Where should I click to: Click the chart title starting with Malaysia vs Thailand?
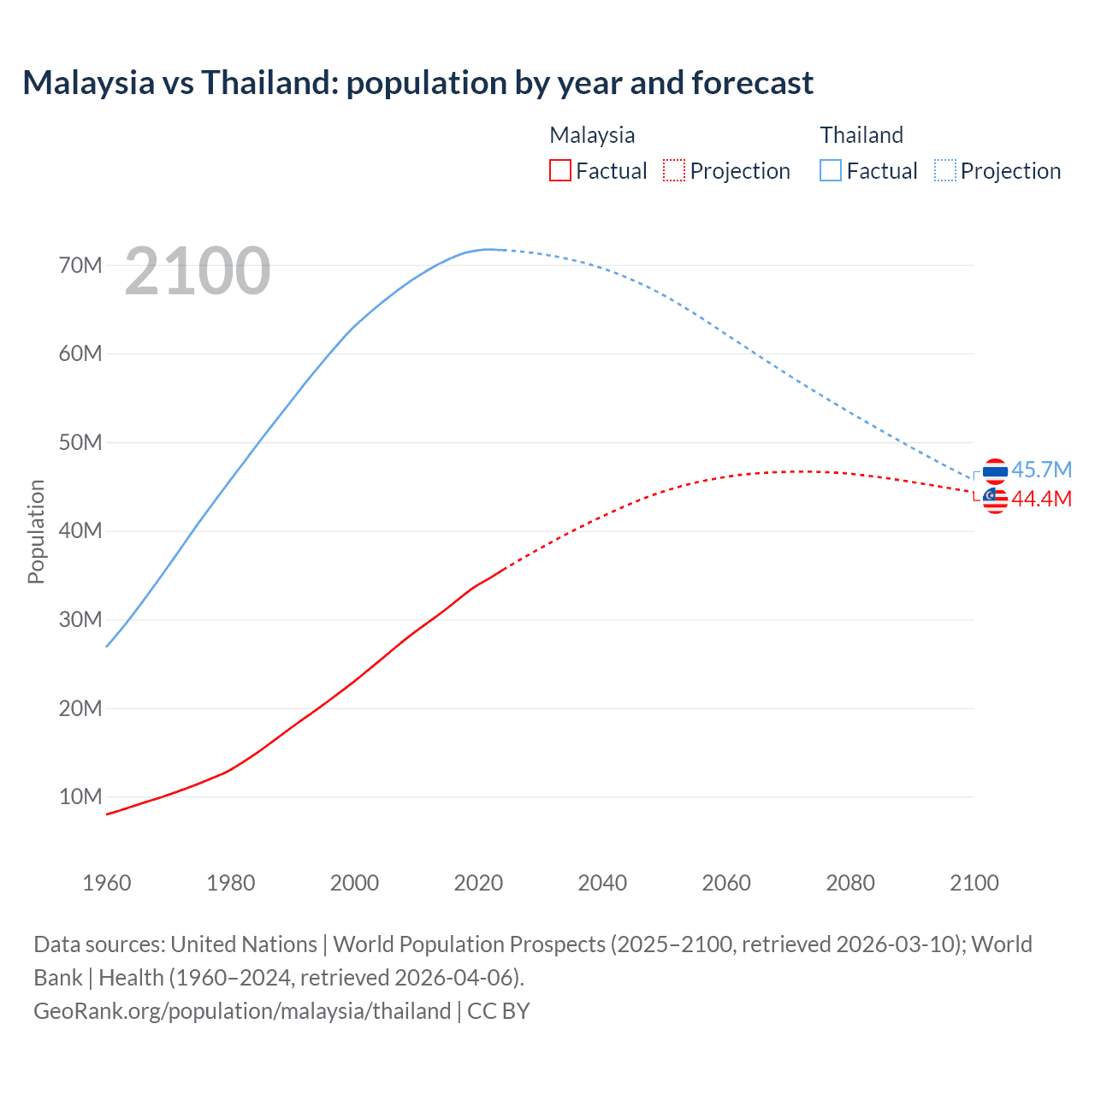click(417, 83)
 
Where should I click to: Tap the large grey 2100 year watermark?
click(198, 271)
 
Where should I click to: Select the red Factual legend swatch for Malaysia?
click(559, 170)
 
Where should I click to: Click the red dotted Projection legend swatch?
click(674, 170)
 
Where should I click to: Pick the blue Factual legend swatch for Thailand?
click(830, 170)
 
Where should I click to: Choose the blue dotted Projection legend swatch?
click(944, 170)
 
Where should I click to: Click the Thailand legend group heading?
click(861, 135)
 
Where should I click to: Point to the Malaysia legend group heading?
click(592, 135)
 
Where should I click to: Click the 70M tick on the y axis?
click(80, 265)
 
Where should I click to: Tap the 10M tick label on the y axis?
click(80, 797)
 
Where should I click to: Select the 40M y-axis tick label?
click(80, 531)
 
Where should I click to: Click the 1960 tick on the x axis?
click(107, 883)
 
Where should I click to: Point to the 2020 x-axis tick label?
click(478, 883)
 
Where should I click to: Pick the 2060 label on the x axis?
click(726, 883)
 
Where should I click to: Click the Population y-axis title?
click(36, 531)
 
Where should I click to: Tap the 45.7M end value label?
click(1041, 470)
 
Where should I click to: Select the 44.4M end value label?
click(1041, 499)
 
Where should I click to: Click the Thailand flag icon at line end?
click(995, 471)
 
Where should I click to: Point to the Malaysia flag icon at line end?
click(995, 500)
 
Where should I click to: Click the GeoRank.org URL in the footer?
click(242, 1011)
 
